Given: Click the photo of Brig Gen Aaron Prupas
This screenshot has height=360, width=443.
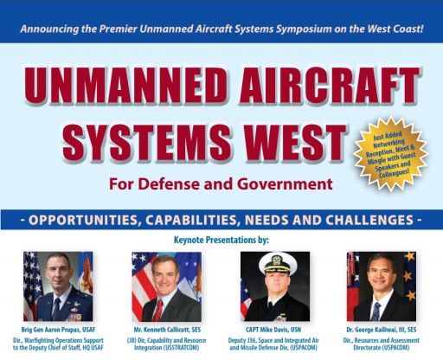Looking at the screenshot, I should point(58,286).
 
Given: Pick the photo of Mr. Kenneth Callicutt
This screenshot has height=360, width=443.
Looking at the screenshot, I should point(166,286).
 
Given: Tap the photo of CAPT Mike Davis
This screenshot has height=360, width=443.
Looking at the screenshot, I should point(274,286).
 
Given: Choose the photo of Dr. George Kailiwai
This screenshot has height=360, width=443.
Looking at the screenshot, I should point(382,286).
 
